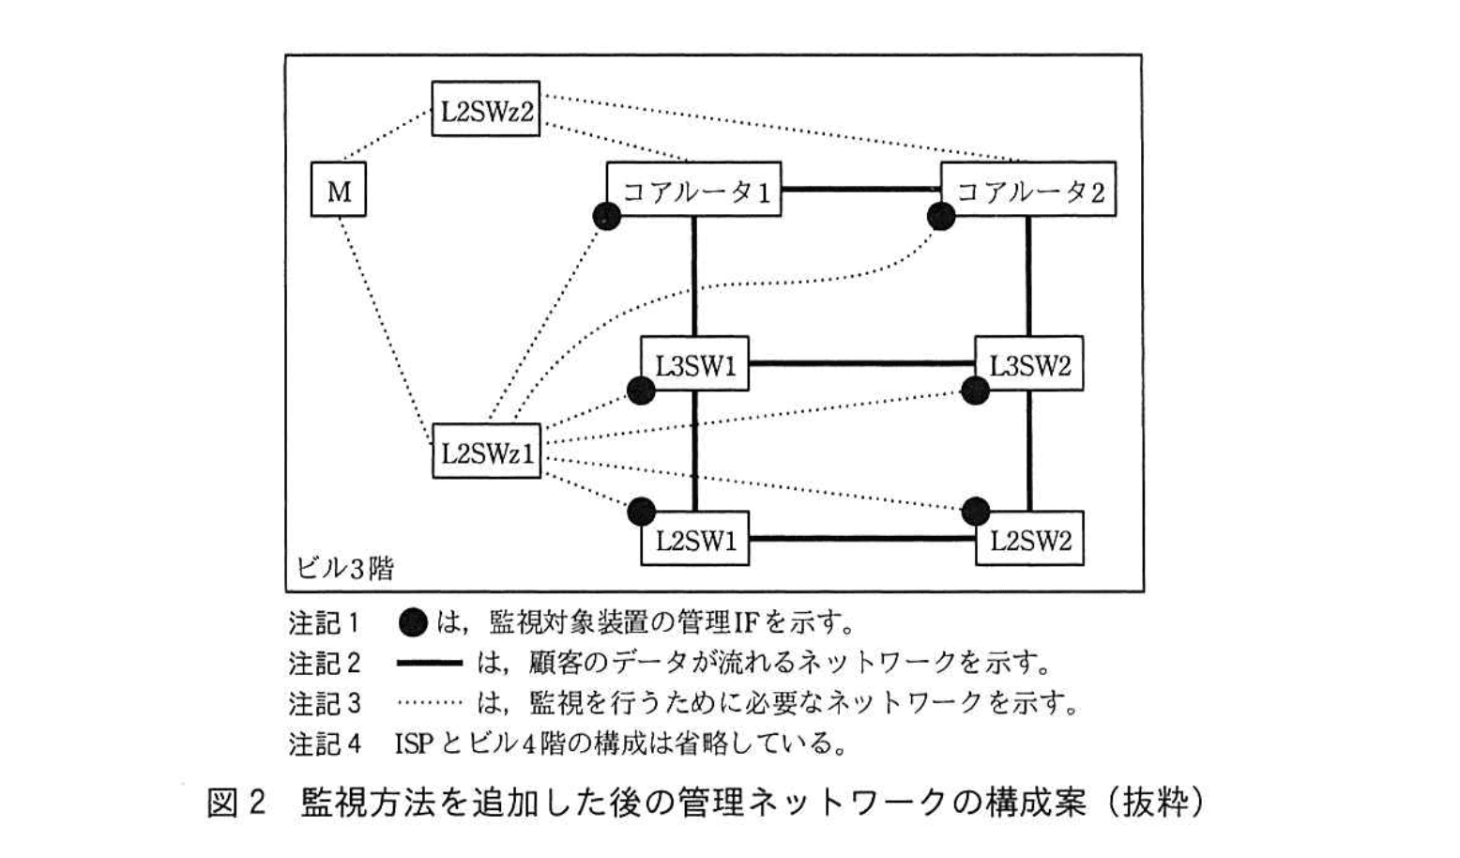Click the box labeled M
point(338,191)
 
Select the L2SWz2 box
point(485,110)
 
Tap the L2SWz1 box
point(486,452)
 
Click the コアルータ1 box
point(694,191)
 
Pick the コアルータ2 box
point(1028,191)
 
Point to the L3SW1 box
point(694,363)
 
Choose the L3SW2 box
point(1029,363)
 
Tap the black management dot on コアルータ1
point(607,217)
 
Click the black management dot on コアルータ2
point(941,217)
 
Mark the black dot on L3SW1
point(641,391)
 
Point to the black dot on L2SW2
point(976,511)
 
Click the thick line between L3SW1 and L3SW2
point(861,363)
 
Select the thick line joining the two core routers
point(860,190)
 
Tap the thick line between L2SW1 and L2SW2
point(861,539)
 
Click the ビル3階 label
point(344,568)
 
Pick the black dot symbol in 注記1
point(413,621)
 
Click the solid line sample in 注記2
point(430,663)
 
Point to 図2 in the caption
point(236,803)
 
